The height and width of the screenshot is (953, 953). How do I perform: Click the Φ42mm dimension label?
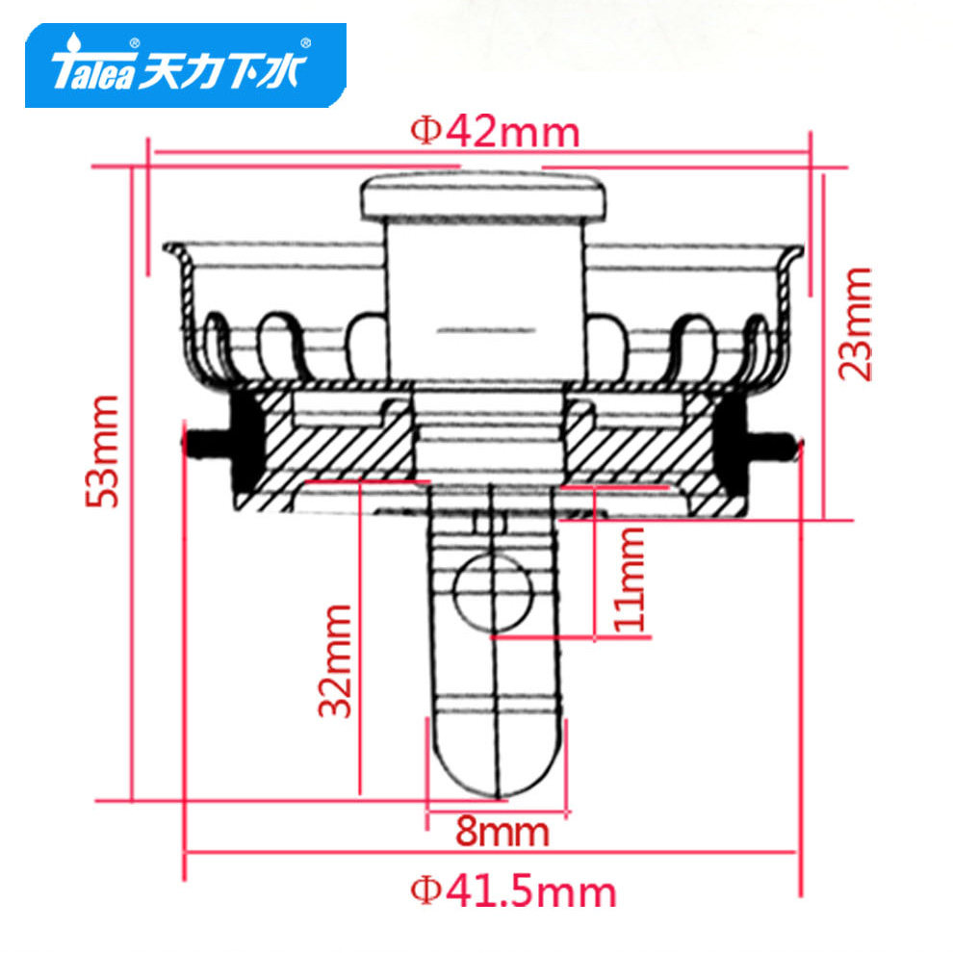tap(495, 133)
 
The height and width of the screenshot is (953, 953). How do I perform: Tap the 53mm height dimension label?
tap(102, 451)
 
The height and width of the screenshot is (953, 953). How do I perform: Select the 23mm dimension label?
tap(854, 324)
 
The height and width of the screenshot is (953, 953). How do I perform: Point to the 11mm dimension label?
tap(629, 580)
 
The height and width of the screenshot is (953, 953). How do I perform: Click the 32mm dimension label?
tap(335, 661)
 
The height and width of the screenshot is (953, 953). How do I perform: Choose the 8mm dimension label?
tap(502, 832)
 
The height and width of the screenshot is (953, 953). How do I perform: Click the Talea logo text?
tap(92, 71)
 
